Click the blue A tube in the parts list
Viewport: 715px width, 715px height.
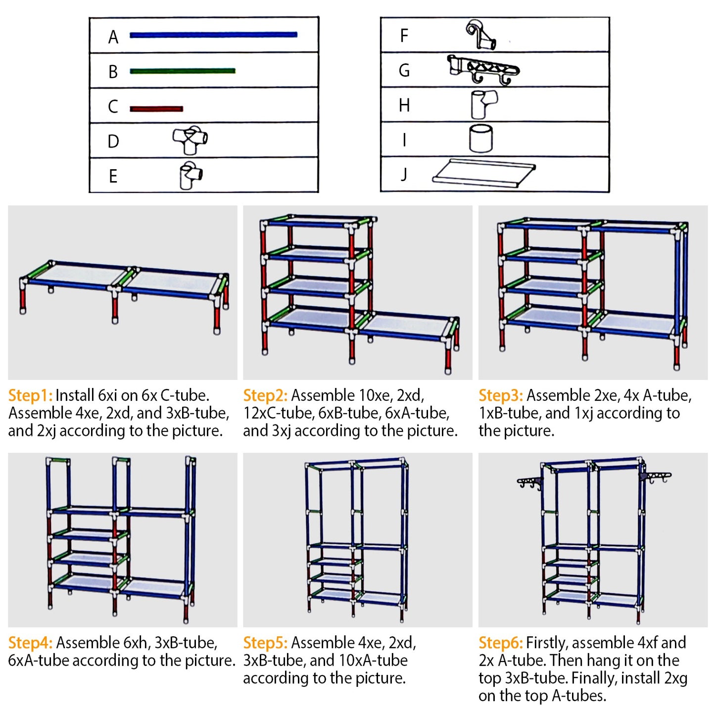point(213,35)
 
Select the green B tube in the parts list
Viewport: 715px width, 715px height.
point(183,71)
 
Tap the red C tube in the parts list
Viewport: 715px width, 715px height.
point(156,108)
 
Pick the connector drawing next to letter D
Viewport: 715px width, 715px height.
point(190,140)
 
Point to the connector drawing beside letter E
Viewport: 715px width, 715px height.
point(191,175)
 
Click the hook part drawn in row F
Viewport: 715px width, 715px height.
point(480,35)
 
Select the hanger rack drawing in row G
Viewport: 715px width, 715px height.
point(482,70)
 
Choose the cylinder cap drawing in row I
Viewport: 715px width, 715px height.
point(480,139)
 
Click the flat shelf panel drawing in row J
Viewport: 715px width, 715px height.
point(483,173)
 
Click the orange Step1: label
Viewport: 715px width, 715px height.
point(30,395)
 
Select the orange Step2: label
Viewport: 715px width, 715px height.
point(265,395)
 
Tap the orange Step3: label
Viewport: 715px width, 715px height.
point(501,395)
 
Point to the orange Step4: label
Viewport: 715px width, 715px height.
point(30,643)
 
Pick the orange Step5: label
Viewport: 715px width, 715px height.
point(265,643)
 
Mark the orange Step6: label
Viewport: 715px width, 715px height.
point(501,643)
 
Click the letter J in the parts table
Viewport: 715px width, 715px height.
point(404,174)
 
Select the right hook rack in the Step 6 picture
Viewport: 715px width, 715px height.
point(655,477)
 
